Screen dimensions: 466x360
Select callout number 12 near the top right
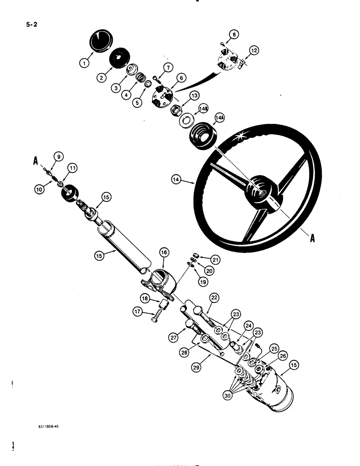[253, 50]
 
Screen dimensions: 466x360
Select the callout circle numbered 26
[282, 356]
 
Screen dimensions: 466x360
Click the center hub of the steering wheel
[259, 188]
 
